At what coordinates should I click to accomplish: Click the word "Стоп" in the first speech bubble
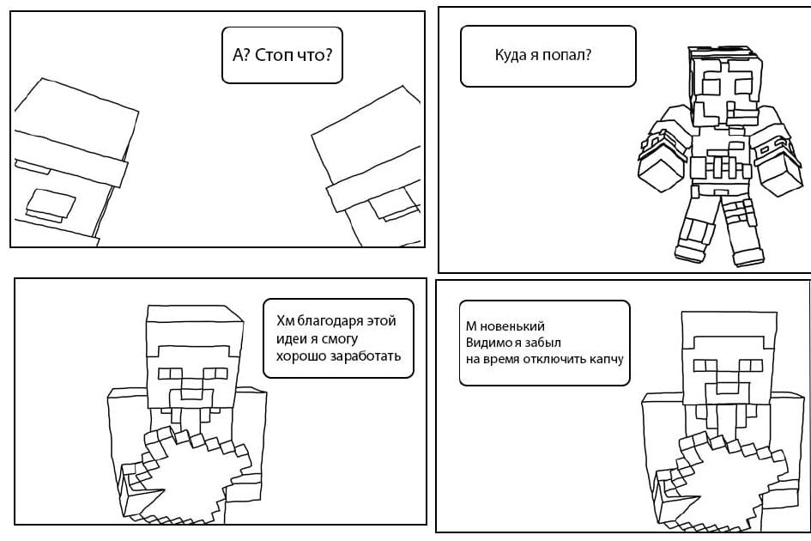click(274, 55)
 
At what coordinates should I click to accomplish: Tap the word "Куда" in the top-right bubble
click(510, 54)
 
